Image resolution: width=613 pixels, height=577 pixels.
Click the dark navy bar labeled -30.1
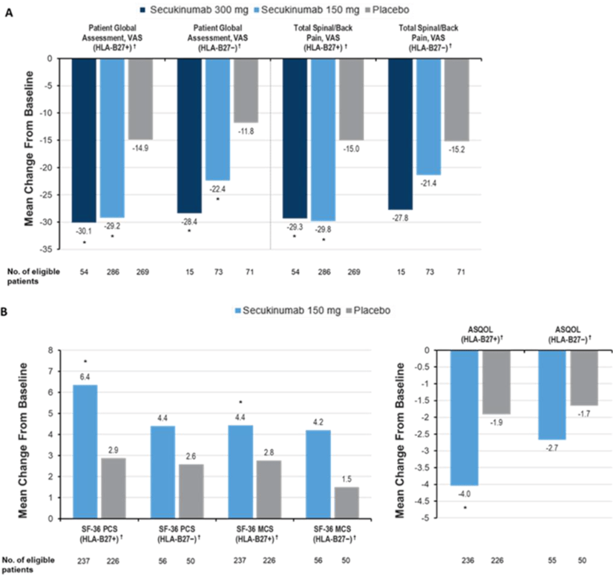[84, 140]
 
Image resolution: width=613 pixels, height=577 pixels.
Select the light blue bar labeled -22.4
[217, 119]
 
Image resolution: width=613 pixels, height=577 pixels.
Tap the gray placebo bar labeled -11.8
[246, 90]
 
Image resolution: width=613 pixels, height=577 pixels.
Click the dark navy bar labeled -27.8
[400, 134]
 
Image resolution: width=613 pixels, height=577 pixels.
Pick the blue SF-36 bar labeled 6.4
[85, 452]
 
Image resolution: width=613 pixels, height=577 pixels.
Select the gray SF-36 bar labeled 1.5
[347, 503]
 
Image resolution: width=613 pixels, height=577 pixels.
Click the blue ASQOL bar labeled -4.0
[465, 418]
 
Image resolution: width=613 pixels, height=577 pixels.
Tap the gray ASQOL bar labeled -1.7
[585, 377]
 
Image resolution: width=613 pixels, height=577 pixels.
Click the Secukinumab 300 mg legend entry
[194, 10]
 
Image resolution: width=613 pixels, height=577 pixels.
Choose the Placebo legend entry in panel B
[368, 311]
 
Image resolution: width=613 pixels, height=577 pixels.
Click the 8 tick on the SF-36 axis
[50, 350]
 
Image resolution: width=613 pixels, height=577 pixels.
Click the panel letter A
[9, 13]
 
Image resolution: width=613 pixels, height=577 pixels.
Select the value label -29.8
[324, 229]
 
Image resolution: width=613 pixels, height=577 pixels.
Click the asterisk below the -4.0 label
[465, 507]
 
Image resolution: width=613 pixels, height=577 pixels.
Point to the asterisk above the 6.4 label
[85, 361]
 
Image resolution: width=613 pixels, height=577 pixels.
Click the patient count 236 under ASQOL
[468, 561]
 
